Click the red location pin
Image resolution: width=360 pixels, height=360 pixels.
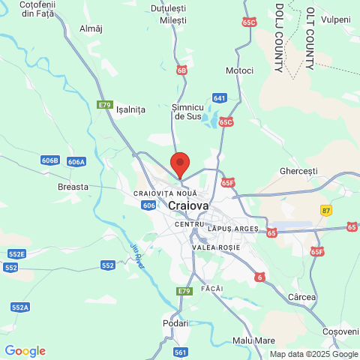point(179,164)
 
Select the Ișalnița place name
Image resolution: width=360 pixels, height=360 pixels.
point(130,109)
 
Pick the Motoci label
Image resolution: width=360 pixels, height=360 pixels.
point(240,70)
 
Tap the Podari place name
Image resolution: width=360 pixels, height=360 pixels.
point(175,323)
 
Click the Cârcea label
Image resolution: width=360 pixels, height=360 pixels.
point(301,298)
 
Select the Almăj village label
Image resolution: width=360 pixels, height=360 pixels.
point(90,28)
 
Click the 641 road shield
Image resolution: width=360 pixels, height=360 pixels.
point(219,98)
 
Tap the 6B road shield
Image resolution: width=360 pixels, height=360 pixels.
point(182,70)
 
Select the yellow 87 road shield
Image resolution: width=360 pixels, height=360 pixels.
point(325,210)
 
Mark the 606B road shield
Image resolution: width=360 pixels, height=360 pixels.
point(50,160)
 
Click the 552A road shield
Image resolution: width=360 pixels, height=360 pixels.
point(20,307)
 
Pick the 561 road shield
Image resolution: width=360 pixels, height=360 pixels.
point(180,352)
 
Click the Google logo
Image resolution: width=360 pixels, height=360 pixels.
point(25,351)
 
